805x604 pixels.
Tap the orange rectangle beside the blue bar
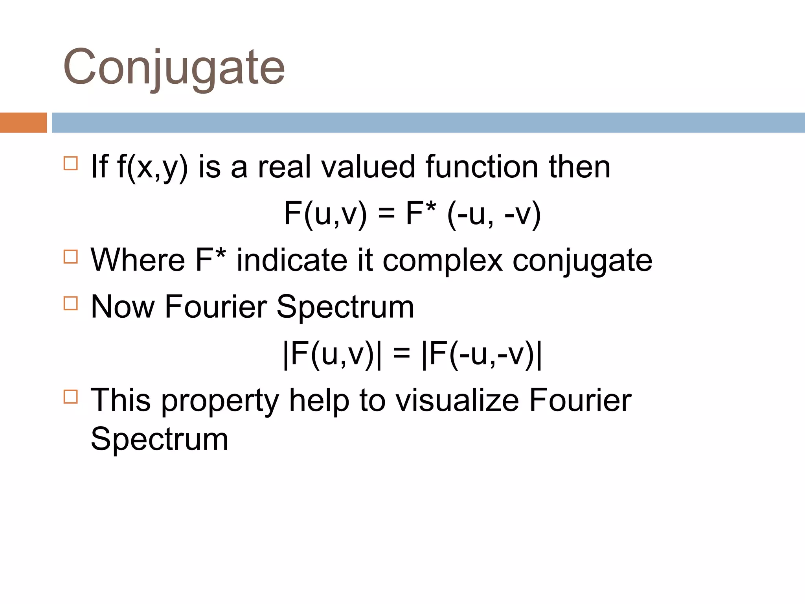[23, 123]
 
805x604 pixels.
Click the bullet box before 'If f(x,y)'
[71, 163]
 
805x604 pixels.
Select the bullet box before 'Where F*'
[71, 257]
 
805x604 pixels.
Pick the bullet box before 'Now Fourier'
[71, 303]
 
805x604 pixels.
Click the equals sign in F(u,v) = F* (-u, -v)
[386, 214]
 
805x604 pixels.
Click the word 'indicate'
[292, 260]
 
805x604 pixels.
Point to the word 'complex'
[443, 261]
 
